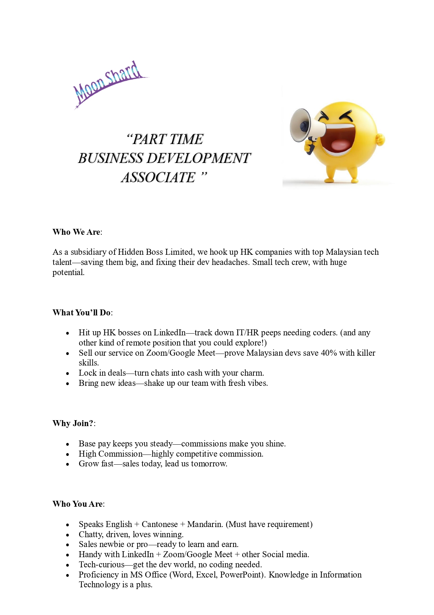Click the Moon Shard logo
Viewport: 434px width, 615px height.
pyautogui.click(x=108, y=84)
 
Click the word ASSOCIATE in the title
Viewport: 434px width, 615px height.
pyautogui.click(x=158, y=178)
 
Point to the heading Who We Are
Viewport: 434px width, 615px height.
pyautogui.click(x=77, y=232)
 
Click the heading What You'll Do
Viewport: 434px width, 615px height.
pyautogui.click(x=82, y=313)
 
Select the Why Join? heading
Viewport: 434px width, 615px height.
pyautogui.click(x=73, y=423)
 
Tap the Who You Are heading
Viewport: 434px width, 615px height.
pyautogui.click(x=78, y=504)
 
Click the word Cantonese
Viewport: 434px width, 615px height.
pyautogui.click(x=160, y=524)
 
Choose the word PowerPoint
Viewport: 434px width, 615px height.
pyautogui.click(x=242, y=575)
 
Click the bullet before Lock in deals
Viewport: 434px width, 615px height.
pyautogui.click(x=68, y=374)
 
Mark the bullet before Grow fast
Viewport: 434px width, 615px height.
pyautogui.click(x=68, y=464)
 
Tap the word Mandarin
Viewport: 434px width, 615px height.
pyautogui.click(x=205, y=524)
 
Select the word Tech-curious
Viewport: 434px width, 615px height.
pyautogui.click(x=101, y=565)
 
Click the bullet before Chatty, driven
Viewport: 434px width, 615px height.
pyautogui.click(x=68, y=535)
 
